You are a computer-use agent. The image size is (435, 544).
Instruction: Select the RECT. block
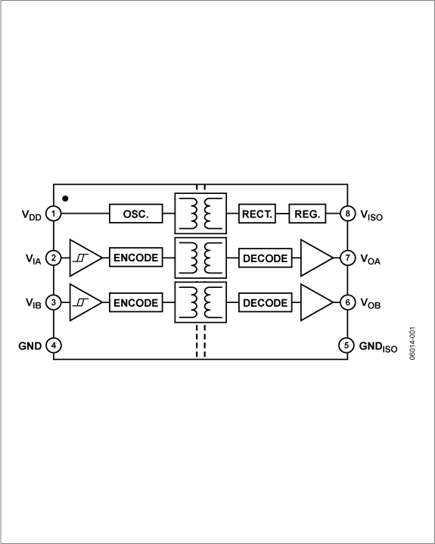(258, 214)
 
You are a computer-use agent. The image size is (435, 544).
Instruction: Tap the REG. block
(307, 214)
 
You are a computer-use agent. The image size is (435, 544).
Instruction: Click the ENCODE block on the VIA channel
(136, 258)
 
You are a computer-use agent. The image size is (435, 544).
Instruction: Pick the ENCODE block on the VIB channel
(136, 302)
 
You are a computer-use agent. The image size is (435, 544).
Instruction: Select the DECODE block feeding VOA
(265, 258)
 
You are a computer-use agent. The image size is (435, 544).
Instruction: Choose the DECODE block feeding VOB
(265, 302)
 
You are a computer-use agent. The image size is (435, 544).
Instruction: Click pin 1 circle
(54, 214)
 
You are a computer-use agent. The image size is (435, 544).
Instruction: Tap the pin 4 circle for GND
(54, 345)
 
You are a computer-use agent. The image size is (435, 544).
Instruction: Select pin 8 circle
(346, 214)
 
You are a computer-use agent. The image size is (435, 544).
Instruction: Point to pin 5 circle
(346, 345)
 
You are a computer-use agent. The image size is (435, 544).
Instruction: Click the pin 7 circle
(346, 258)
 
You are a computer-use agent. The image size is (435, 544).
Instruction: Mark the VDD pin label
(31, 214)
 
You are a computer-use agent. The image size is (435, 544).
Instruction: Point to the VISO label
(372, 214)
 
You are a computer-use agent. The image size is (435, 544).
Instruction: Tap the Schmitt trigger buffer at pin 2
(83, 258)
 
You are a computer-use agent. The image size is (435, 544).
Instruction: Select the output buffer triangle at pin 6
(315, 302)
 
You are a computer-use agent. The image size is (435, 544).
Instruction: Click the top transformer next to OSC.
(200, 214)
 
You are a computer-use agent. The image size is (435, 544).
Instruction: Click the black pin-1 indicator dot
(66, 199)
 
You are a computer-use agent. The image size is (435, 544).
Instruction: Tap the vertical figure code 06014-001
(413, 344)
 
